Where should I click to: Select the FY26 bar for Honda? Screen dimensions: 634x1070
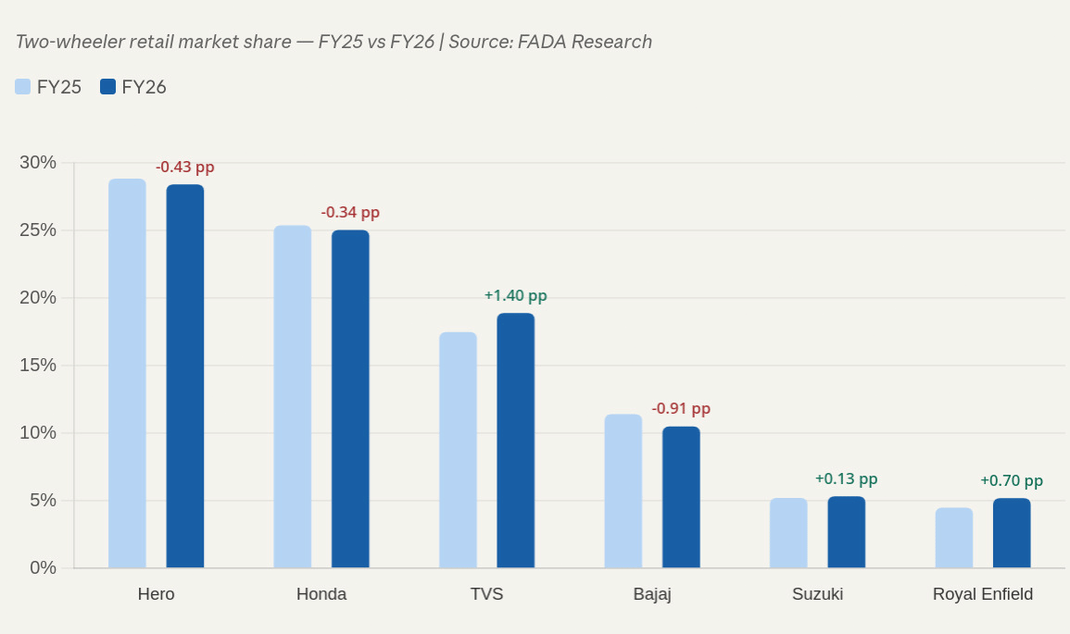(350, 399)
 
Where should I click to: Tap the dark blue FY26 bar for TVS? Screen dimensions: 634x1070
(515, 441)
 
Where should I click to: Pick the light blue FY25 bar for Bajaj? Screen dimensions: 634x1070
(623, 491)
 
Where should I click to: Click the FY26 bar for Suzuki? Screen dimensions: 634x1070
(846, 532)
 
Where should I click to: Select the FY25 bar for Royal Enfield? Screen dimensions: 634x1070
(953, 538)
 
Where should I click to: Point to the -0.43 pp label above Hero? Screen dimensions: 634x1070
(184, 168)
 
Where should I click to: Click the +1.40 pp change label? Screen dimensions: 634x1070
(515, 296)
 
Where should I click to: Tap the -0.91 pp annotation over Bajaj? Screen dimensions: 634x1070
(681, 409)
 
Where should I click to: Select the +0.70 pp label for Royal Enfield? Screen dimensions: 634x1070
(1011, 481)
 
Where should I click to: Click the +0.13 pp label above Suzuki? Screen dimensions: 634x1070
(846, 479)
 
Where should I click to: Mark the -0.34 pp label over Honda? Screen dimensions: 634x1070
(350, 213)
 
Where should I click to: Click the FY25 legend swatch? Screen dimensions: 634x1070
(23, 87)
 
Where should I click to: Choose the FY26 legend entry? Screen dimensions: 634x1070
(133, 87)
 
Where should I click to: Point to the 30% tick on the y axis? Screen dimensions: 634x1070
(38, 163)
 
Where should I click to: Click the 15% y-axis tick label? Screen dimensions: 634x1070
(38, 366)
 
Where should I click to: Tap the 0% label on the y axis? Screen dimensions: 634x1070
(43, 567)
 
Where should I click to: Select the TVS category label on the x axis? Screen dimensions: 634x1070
(486, 594)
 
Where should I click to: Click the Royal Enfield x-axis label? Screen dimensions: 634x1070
(982, 594)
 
